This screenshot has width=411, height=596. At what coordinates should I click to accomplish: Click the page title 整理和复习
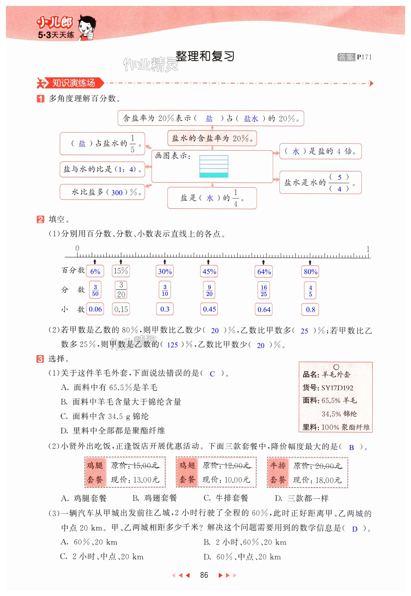tap(205, 56)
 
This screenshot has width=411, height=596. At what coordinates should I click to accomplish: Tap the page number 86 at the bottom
tap(204, 575)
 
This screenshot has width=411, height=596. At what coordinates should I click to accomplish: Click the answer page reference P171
tap(364, 57)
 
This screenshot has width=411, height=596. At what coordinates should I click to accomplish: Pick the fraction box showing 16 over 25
tap(264, 291)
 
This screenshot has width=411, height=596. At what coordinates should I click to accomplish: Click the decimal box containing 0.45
tap(209, 309)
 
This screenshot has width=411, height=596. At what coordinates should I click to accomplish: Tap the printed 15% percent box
tap(121, 271)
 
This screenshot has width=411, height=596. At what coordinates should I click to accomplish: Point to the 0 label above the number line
tap(77, 248)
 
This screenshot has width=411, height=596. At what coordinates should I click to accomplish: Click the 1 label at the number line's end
tap(368, 249)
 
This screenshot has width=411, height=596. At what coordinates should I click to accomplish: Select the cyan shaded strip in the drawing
tap(214, 175)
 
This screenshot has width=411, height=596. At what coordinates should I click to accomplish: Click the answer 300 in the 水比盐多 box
tap(117, 193)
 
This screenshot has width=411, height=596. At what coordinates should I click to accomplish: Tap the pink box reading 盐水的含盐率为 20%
tap(212, 138)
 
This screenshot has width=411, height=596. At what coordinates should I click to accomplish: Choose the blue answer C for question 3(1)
tap(212, 374)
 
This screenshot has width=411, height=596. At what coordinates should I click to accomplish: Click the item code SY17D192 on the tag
tap(337, 388)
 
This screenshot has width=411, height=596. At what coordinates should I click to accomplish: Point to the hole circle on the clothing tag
tap(336, 367)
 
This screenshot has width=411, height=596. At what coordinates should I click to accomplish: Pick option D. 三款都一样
tap(302, 498)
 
